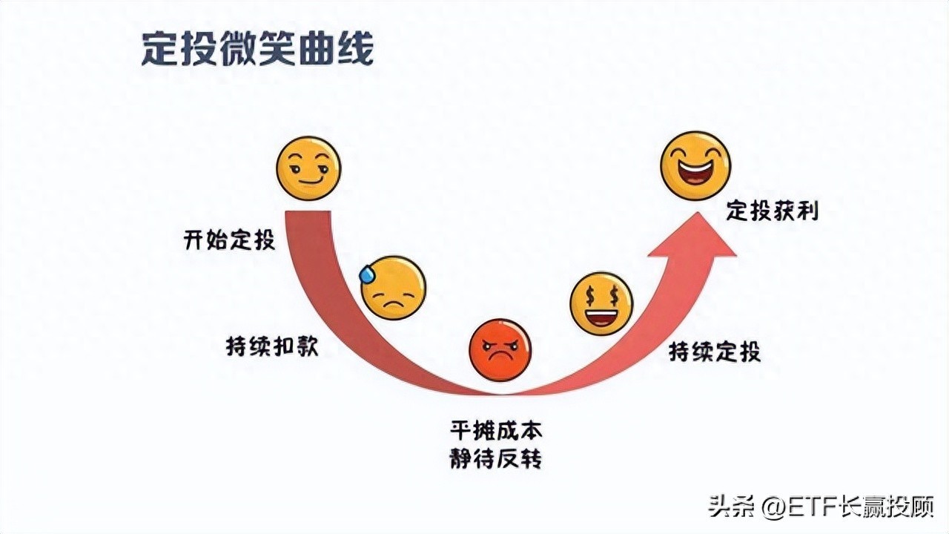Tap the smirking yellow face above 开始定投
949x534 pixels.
point(308,168)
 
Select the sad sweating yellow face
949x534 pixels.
point(394,288)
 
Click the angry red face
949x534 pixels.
point(500,350)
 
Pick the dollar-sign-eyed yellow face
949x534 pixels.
point(601,303)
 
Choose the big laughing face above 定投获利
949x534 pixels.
point(695,165)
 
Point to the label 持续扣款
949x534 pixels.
point(272,346)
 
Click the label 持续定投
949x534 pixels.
point(715,351)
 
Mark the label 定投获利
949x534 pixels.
point(772,211)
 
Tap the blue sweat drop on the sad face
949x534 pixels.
point(367,274)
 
